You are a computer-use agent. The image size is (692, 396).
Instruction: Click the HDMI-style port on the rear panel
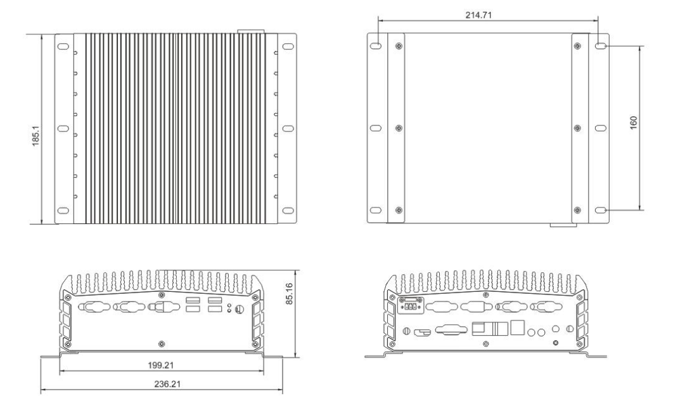tap(421, 331)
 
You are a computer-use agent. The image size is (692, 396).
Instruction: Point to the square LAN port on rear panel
tap(518, 328)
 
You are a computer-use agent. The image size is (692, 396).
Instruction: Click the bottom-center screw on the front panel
tap(161, 343)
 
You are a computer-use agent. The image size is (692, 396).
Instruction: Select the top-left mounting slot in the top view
tap(63, 47)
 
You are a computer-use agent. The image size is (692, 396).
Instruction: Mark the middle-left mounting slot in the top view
tap(63, 129)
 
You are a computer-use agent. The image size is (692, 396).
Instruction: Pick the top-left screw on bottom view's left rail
tap(397, 46)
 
